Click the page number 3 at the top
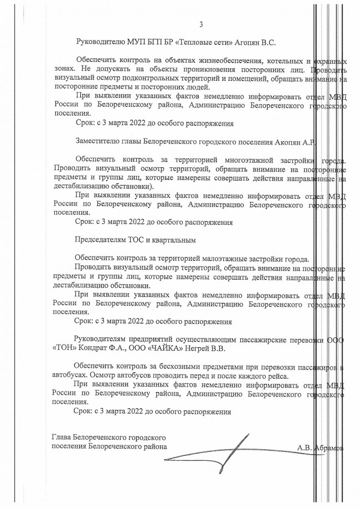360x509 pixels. pos(201,24)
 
